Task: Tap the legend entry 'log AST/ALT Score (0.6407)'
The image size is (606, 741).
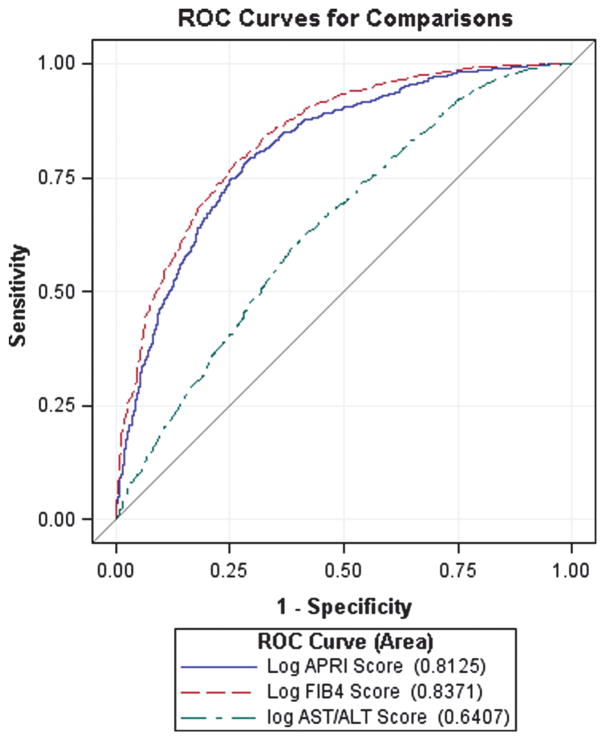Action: coord(400,715)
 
